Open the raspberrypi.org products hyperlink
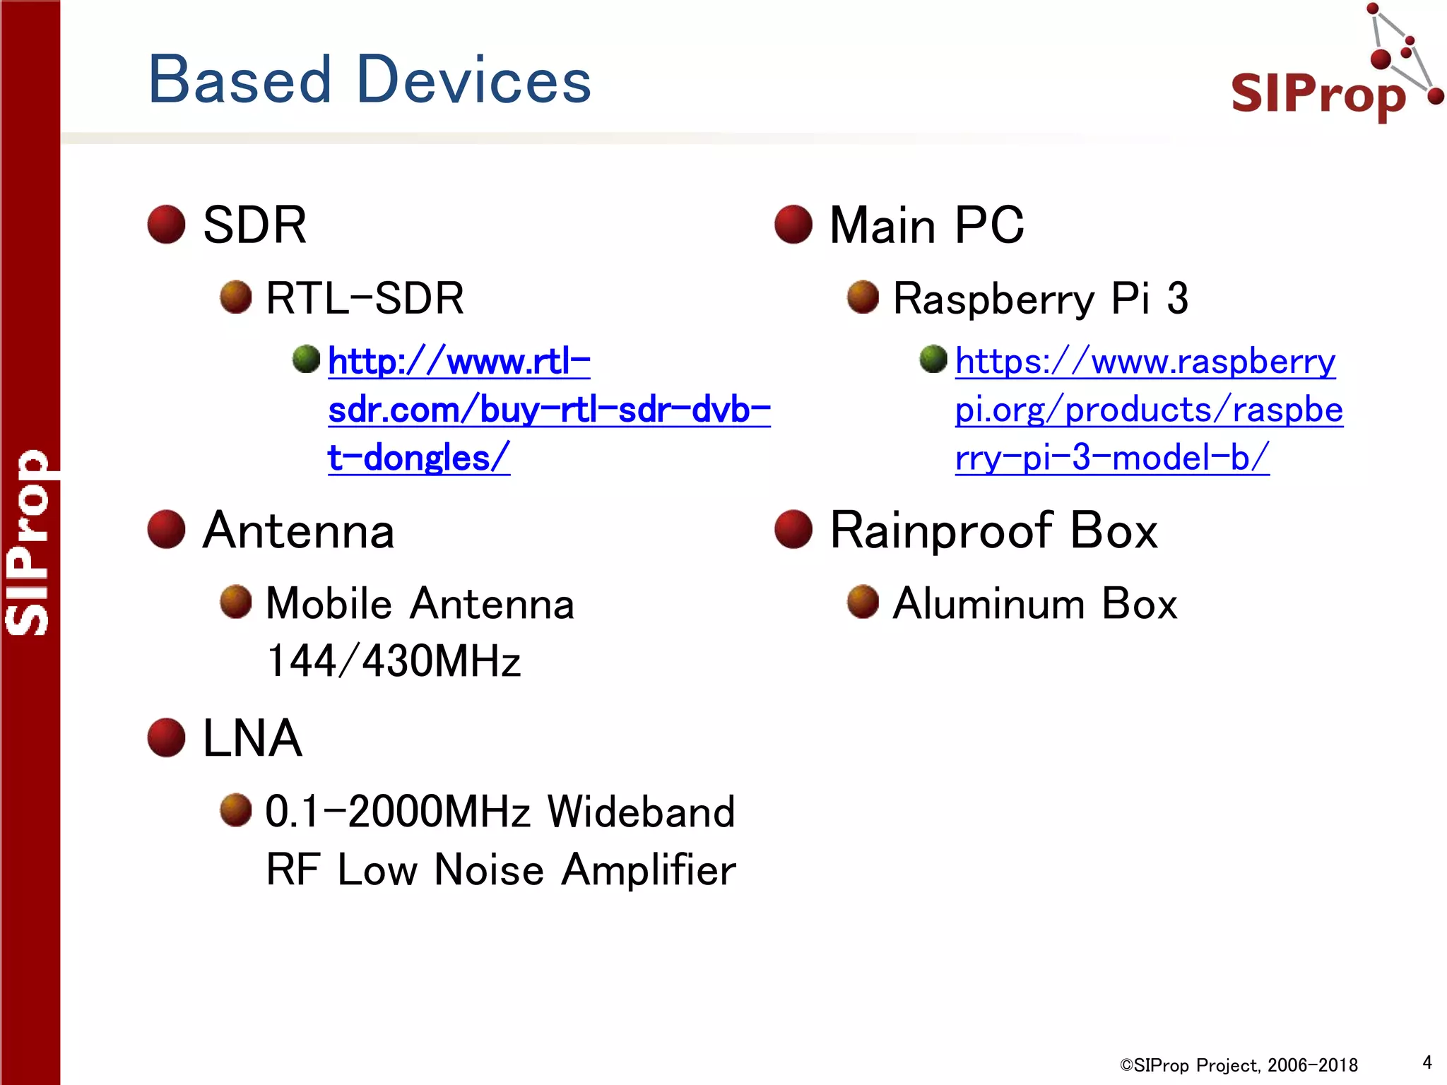(x=1148, y=410)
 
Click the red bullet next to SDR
(x=166, y=225)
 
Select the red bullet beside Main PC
(x=793, y=225)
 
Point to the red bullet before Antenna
(x=166, y=530)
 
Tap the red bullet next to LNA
(x=166, y=737)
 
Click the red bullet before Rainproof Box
(x=793, y=530)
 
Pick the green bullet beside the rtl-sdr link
(x=306, y=359)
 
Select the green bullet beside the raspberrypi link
(x=933, y=359)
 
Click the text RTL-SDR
(x=365, y=298)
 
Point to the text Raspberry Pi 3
(x=1041, y=298)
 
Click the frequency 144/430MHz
(x=394, y=661)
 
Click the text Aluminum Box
(x=1035, y=604)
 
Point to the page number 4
(x=1427, y=1062)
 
